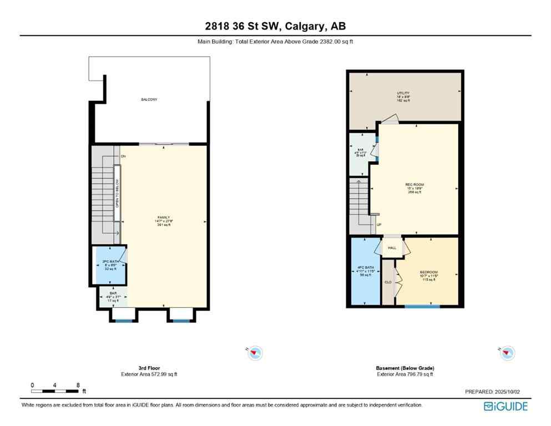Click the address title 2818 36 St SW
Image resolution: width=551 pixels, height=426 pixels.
275,26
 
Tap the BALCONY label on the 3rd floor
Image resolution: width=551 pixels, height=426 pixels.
149,99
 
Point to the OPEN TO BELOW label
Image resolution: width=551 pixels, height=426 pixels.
117,194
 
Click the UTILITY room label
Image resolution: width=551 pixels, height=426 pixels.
403,93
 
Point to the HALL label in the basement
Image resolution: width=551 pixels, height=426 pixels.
392,248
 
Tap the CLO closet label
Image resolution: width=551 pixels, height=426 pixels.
388,282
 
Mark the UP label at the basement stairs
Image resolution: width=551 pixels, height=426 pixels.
379,225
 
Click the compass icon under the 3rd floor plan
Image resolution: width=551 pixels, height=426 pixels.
255,352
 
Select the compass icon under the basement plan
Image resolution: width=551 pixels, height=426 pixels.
507,352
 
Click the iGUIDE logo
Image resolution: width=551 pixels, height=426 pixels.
505,406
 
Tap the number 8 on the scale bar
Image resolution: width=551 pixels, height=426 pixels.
78,385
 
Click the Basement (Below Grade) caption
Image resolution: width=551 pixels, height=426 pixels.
405,368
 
